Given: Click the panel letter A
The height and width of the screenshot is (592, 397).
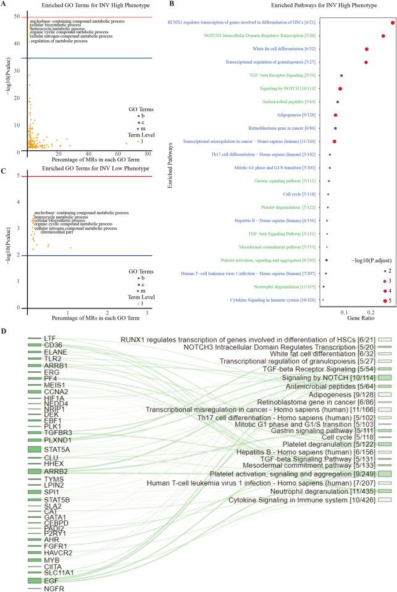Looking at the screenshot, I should click(x=5, y=4).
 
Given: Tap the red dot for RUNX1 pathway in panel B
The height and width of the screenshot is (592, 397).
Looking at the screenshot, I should click(x=393, y=23).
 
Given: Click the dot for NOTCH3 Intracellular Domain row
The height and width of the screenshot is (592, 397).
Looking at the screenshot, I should click(x=383, y=36).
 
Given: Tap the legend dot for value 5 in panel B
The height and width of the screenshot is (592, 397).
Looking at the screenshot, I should click(x=385, y=300).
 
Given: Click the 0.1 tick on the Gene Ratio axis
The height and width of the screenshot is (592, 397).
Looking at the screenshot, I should click(x=344, y=313).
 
